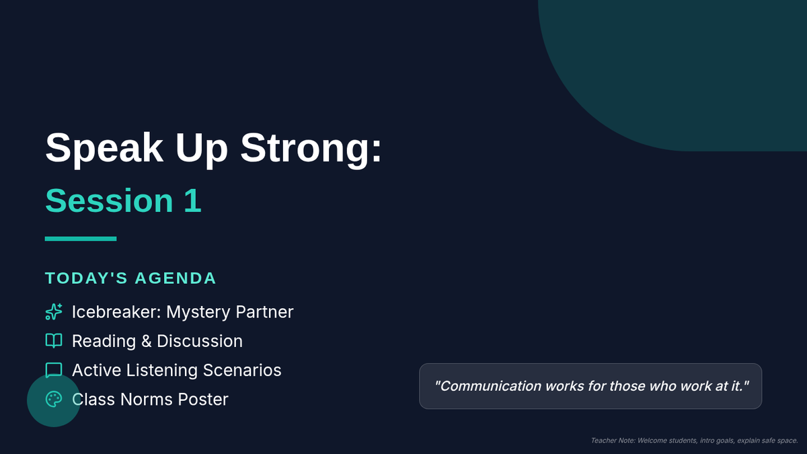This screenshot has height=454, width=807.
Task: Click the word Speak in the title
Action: click(x=104, y=148)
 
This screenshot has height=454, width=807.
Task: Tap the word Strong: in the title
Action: click(x=311, y=148)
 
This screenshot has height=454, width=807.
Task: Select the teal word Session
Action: click(x=109, y=200)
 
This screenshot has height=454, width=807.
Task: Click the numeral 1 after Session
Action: click(x=193, y=200)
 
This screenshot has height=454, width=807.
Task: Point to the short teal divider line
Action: click(x=81, y=239)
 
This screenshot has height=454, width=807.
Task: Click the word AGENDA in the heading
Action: click(x=176, y=278)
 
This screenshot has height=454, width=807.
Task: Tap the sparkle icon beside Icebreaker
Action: click(x=54, y=311)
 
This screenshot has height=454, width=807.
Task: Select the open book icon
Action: click(x=54, y=341)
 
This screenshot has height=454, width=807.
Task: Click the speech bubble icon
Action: click(x=54, y=370)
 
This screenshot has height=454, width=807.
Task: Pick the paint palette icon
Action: click(x=54, y=400)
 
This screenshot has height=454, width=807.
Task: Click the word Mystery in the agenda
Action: click(x=198, y=312)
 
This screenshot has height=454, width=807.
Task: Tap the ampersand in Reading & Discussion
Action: click(x=147, y=341)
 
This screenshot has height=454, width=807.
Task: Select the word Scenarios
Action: click(x=242, y=371)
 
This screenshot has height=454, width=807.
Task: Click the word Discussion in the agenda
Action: click(x=200, y=341)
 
